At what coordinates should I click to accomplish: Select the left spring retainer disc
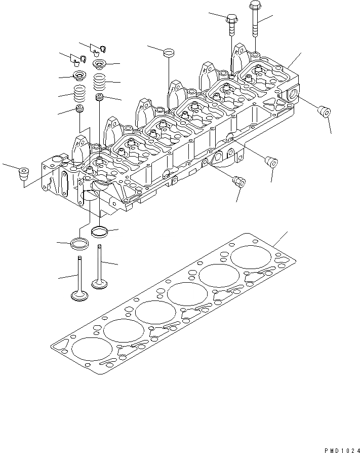click(x=79, y=77)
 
